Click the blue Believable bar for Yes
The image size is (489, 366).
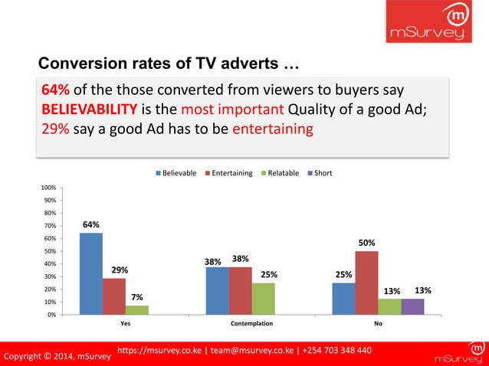91,273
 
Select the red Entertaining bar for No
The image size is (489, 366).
366,283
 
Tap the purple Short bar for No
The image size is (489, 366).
412,306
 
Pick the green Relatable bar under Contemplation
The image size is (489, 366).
263,299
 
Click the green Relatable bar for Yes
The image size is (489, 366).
136,310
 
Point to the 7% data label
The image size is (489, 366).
136,297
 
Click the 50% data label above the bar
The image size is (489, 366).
366,243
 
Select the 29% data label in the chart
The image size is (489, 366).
119,270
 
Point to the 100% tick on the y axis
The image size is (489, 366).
46,188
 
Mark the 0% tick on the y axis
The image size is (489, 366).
49,315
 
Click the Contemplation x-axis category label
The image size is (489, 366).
251,324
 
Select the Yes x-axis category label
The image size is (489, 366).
113,324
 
